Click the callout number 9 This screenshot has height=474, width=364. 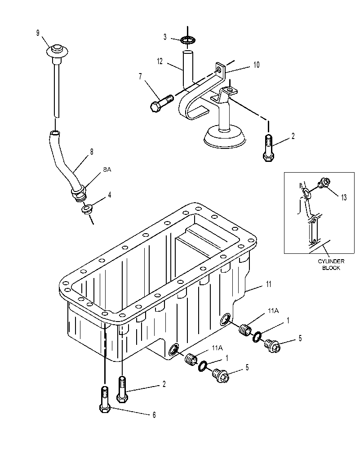tap(38, 33)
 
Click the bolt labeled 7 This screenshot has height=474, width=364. tap(161, 103)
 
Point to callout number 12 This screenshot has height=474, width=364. tap(160, 61)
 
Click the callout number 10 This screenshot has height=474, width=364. tap(256, 65)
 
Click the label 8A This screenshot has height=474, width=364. tap(107, 170)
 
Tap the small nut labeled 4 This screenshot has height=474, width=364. tap(88, 209)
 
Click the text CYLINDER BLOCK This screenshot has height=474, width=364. tap(331, 265)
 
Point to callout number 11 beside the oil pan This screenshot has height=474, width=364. tap(268, 284)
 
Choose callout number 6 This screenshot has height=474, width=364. tap(154, 415)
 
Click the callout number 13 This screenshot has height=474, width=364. tap(344, 198)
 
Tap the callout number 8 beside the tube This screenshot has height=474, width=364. tap(92, 152)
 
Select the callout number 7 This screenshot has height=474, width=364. tap(140, 77)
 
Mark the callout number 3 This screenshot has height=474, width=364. tap(165, 37)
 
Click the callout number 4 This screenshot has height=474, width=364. tap(110, 195)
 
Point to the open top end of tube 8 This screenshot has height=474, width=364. tap(55, 132)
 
